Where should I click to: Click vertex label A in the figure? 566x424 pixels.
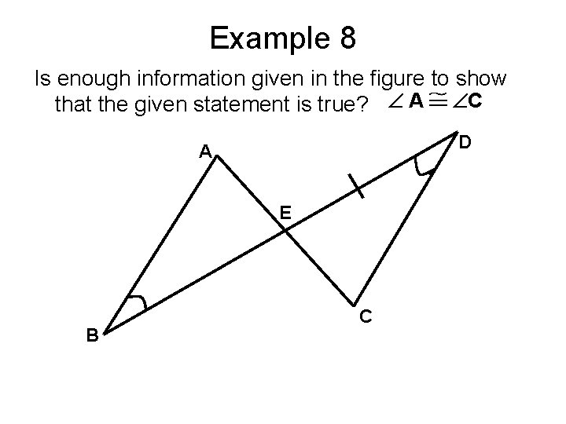tap(204, 151)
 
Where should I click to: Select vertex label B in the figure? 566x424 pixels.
tap(92, 335)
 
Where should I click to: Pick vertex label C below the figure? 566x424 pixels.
tap(366, 316)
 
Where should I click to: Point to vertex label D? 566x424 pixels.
tap(465, 142)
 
